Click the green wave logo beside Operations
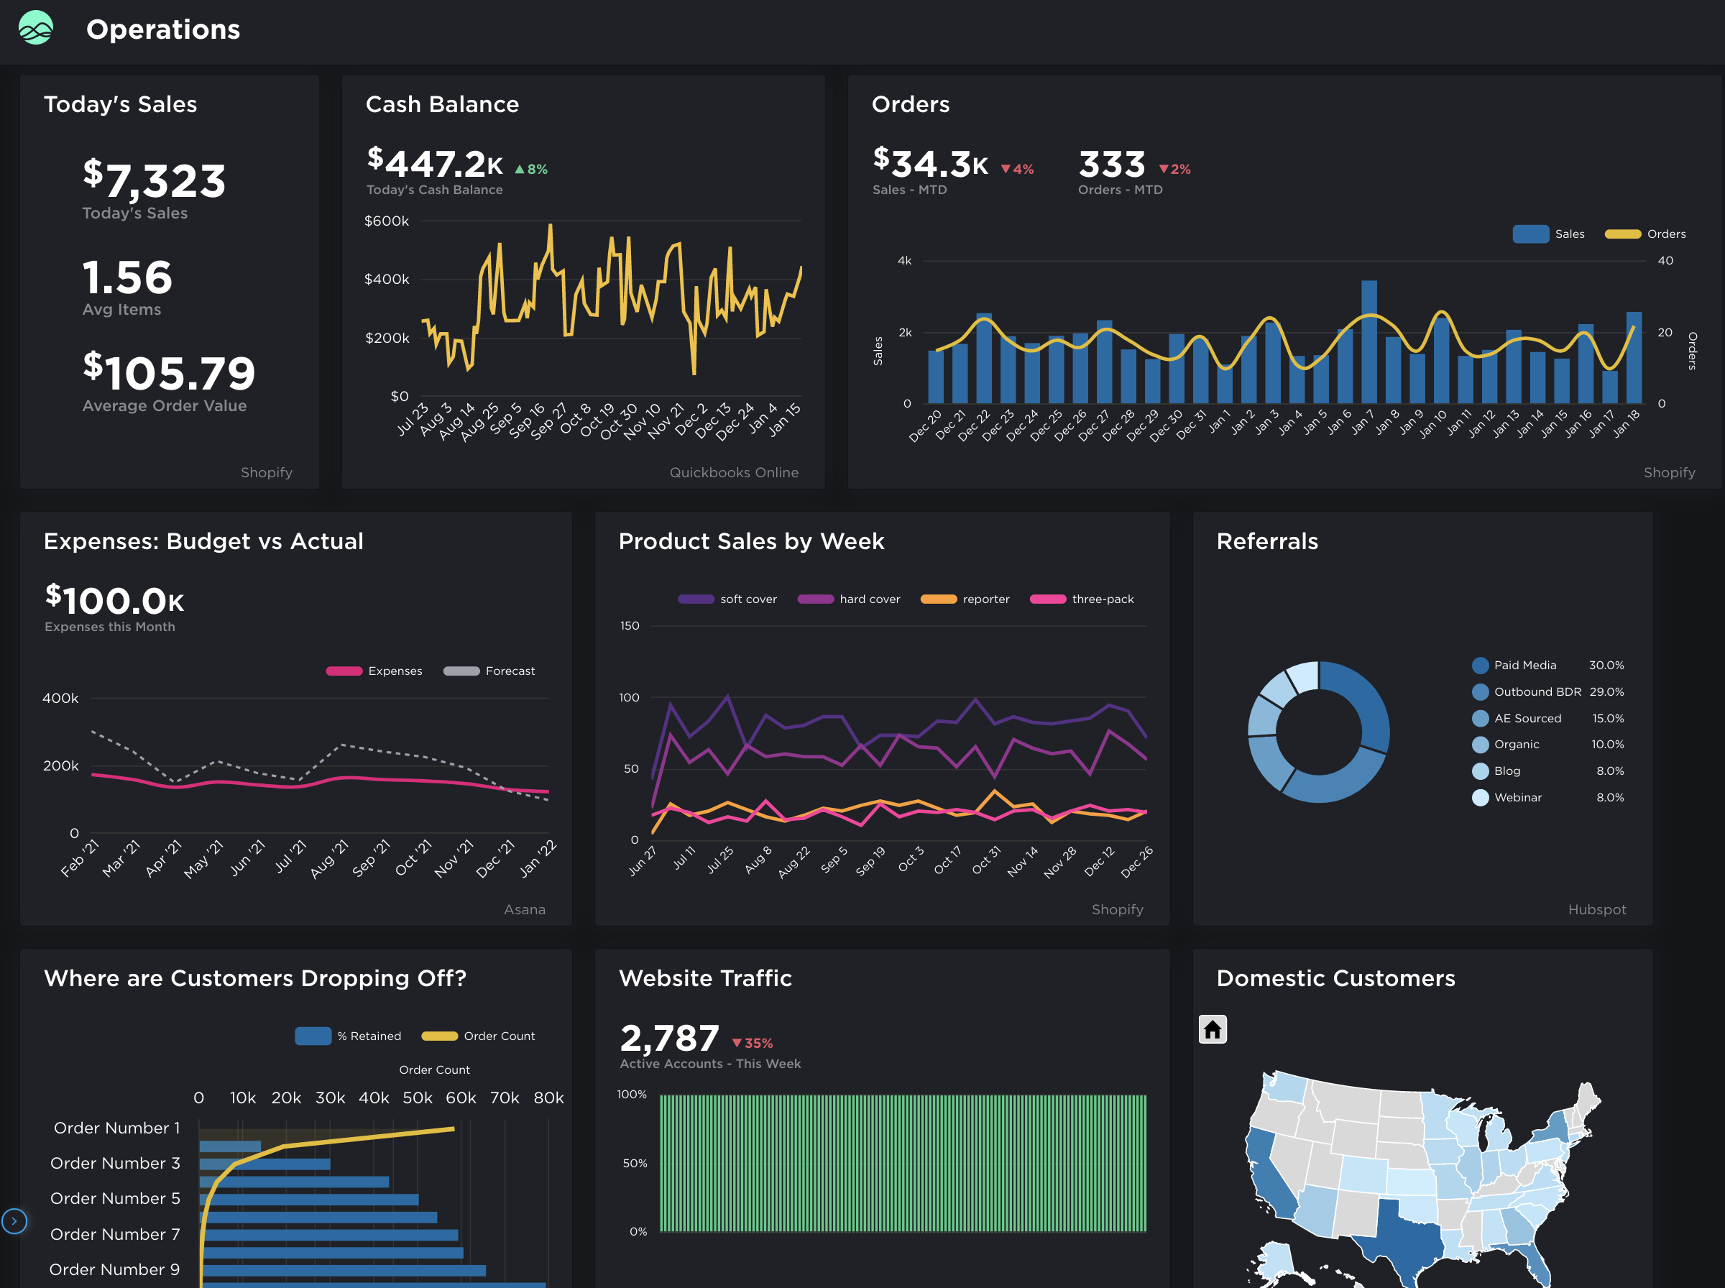click(x=36, y=28)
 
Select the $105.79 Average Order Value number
click(x=169, y=373)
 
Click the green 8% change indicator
click(x=532, y=169)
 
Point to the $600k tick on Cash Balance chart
click(x=387, y=221)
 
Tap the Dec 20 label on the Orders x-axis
click(x=925, y=425)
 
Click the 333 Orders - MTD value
click(x=1111, y=165)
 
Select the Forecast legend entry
click(x=509, y=671)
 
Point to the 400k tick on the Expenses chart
click(x=60, y=699)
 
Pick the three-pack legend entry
click(x=1102, y=599)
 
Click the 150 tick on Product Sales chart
click(x=629, y=626)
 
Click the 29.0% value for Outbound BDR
click(x=1606, y=692)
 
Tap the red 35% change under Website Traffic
click(x=753, y=1043)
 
